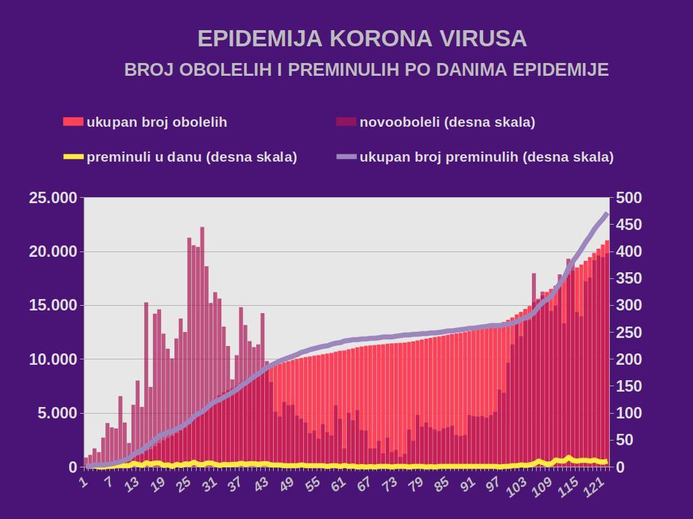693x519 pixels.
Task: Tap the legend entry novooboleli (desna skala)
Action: pos(447,122)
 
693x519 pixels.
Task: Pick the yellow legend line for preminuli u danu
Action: pos(73,157)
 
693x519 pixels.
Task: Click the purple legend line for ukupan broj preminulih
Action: pos(346,157)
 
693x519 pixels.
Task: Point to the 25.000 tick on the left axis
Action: pos(53,198)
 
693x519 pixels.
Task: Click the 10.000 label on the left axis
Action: pos(53,359)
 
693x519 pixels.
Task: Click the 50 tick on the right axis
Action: pos(626,440)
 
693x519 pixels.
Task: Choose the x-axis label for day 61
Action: pos(337,484)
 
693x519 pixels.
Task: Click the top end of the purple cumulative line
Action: pos(606,214)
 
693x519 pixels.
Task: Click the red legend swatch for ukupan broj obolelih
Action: pos(73,122)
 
